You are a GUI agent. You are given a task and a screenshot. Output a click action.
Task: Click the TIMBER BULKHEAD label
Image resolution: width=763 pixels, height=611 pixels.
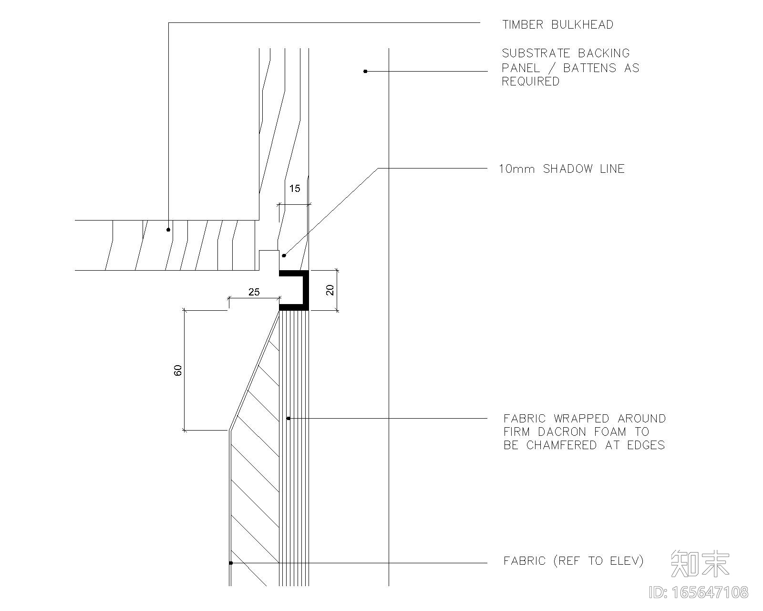click(558, 24)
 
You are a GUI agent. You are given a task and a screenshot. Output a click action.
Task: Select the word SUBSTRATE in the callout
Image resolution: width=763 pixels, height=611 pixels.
click(536, 53)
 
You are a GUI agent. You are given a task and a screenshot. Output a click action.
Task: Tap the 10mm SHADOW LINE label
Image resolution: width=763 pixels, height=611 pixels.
click(562, 169)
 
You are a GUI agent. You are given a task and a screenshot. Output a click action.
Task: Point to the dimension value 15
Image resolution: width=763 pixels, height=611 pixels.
click(295, 188)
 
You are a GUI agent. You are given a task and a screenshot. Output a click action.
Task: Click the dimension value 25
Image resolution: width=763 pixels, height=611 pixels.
click(254, 292)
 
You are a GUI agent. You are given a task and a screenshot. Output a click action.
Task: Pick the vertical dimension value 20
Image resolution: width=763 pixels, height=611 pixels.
click(330, 290)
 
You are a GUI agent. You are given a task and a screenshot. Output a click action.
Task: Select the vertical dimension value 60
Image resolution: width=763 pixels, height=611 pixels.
click(177, 370)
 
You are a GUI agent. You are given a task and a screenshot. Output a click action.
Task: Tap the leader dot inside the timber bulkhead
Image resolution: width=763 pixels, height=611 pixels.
click(168, 230)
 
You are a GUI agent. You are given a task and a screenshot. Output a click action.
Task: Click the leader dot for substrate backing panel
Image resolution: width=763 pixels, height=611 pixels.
click(365, 71)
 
